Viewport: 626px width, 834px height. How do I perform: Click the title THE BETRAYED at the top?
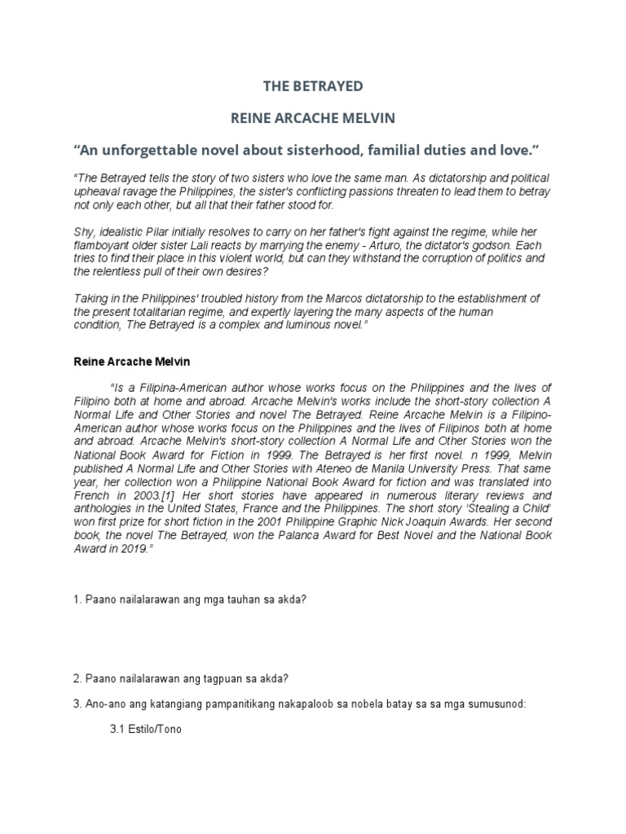[312, 86]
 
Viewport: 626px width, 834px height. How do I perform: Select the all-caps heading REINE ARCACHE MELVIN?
[313, 118]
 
